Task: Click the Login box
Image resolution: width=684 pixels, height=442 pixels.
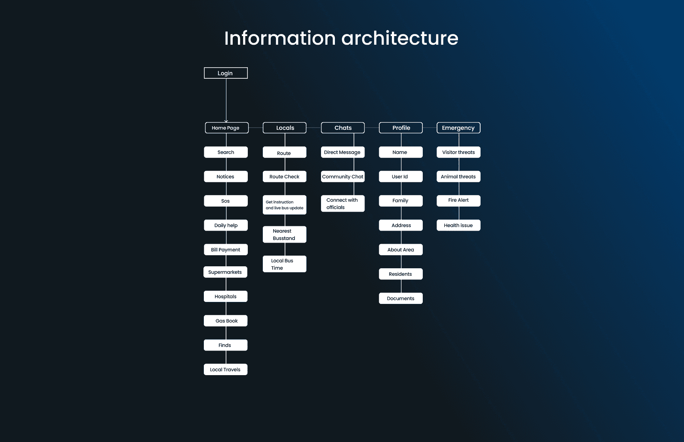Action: (x=226, y=73)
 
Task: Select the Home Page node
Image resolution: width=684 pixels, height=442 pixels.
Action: (x=226, y=128)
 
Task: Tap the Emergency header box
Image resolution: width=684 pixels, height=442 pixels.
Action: (x=458, y=128)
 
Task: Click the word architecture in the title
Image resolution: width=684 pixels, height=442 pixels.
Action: (x=400, y=38)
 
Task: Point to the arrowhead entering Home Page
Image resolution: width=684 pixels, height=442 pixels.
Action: (x=226, y=121)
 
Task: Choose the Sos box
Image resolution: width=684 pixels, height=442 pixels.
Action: (x=226, y=201)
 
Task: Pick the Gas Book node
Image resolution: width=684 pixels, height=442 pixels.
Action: (x=226, y=321)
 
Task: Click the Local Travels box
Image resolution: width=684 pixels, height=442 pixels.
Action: (x=226, y=370)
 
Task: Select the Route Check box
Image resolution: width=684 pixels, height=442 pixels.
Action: (x=285, y=176)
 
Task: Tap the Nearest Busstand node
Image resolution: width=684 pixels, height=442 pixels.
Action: (x=285, y=235)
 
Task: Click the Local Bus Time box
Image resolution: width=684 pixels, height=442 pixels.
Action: (x=285, y=264)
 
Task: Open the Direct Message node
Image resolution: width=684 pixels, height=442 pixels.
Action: (x=342, y=152)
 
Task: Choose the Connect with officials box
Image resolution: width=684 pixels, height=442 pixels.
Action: (x=342, y=204)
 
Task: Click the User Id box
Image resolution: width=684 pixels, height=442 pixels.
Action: (x=401, y=176)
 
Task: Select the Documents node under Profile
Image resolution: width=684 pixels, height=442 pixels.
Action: (x=401, y=298)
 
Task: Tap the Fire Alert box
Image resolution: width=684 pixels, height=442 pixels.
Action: (x=458, y=201)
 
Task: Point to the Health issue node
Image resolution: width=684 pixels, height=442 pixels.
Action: (x=458, y=225)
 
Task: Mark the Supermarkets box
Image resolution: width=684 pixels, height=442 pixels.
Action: (x=225, y=272)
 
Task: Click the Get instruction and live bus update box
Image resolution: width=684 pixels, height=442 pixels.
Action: (x=285, y=205)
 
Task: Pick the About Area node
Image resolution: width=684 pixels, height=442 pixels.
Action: (x=401, y=250)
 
